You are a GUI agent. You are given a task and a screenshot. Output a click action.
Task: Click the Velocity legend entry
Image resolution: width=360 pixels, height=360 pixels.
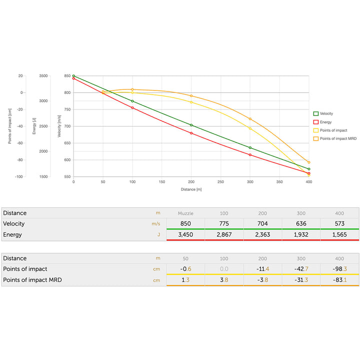click(x=325, y=113)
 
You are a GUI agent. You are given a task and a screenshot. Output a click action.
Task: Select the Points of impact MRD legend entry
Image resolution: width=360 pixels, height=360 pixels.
click(x=333, y=138)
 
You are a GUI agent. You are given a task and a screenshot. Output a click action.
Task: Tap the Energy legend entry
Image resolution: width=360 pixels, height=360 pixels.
click(x=325, y=121)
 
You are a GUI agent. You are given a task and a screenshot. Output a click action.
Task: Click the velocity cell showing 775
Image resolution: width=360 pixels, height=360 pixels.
click(x=224, y=223)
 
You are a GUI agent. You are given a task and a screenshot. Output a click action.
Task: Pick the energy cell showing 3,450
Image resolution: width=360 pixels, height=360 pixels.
click(x=185, y=234)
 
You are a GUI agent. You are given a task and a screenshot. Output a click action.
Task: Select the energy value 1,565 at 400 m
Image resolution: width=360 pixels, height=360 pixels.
click(x=339, y=234)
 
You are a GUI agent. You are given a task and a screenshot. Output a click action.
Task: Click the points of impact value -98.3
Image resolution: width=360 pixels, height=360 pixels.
click(x=339, y=269)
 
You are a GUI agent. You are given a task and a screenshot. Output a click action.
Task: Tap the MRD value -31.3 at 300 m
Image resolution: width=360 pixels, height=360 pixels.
click(x=301, y=280)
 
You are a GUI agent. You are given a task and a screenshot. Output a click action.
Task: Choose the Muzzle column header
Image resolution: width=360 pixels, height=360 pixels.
click(x=185, y=213)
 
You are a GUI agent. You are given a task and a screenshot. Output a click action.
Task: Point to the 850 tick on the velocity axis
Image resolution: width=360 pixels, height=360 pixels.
click(x=67, y=76)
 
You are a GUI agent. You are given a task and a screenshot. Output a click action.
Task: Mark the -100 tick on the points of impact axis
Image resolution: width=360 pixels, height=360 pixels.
click(x=18, y=177)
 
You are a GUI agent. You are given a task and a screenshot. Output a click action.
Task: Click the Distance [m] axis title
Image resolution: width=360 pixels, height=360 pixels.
click(x=191, y=189)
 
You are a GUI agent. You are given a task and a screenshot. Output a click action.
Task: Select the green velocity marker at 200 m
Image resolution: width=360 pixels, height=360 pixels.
click(x=191, y=125)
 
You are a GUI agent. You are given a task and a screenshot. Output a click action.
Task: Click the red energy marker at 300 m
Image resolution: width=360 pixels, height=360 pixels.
click(x=250, y=154)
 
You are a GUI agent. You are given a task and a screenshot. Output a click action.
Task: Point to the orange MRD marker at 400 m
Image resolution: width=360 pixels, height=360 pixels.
click(x=309, y=162)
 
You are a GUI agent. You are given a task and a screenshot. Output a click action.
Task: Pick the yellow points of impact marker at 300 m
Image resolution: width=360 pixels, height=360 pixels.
click(x=250, y=128)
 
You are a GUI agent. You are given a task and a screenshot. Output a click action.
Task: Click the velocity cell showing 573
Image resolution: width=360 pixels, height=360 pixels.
click(x=339, y=223)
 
